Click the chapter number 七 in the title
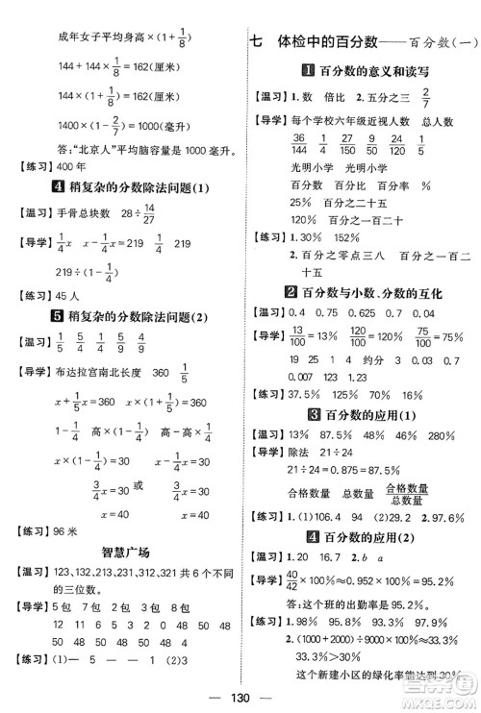[256, 41]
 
